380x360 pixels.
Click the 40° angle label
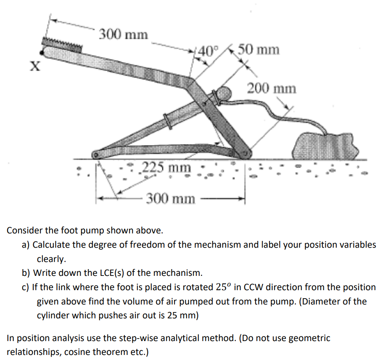(208, 50)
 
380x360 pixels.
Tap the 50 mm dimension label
(258, 50)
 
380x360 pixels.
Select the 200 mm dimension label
(271, 89)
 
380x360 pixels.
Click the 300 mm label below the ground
(170, 198)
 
